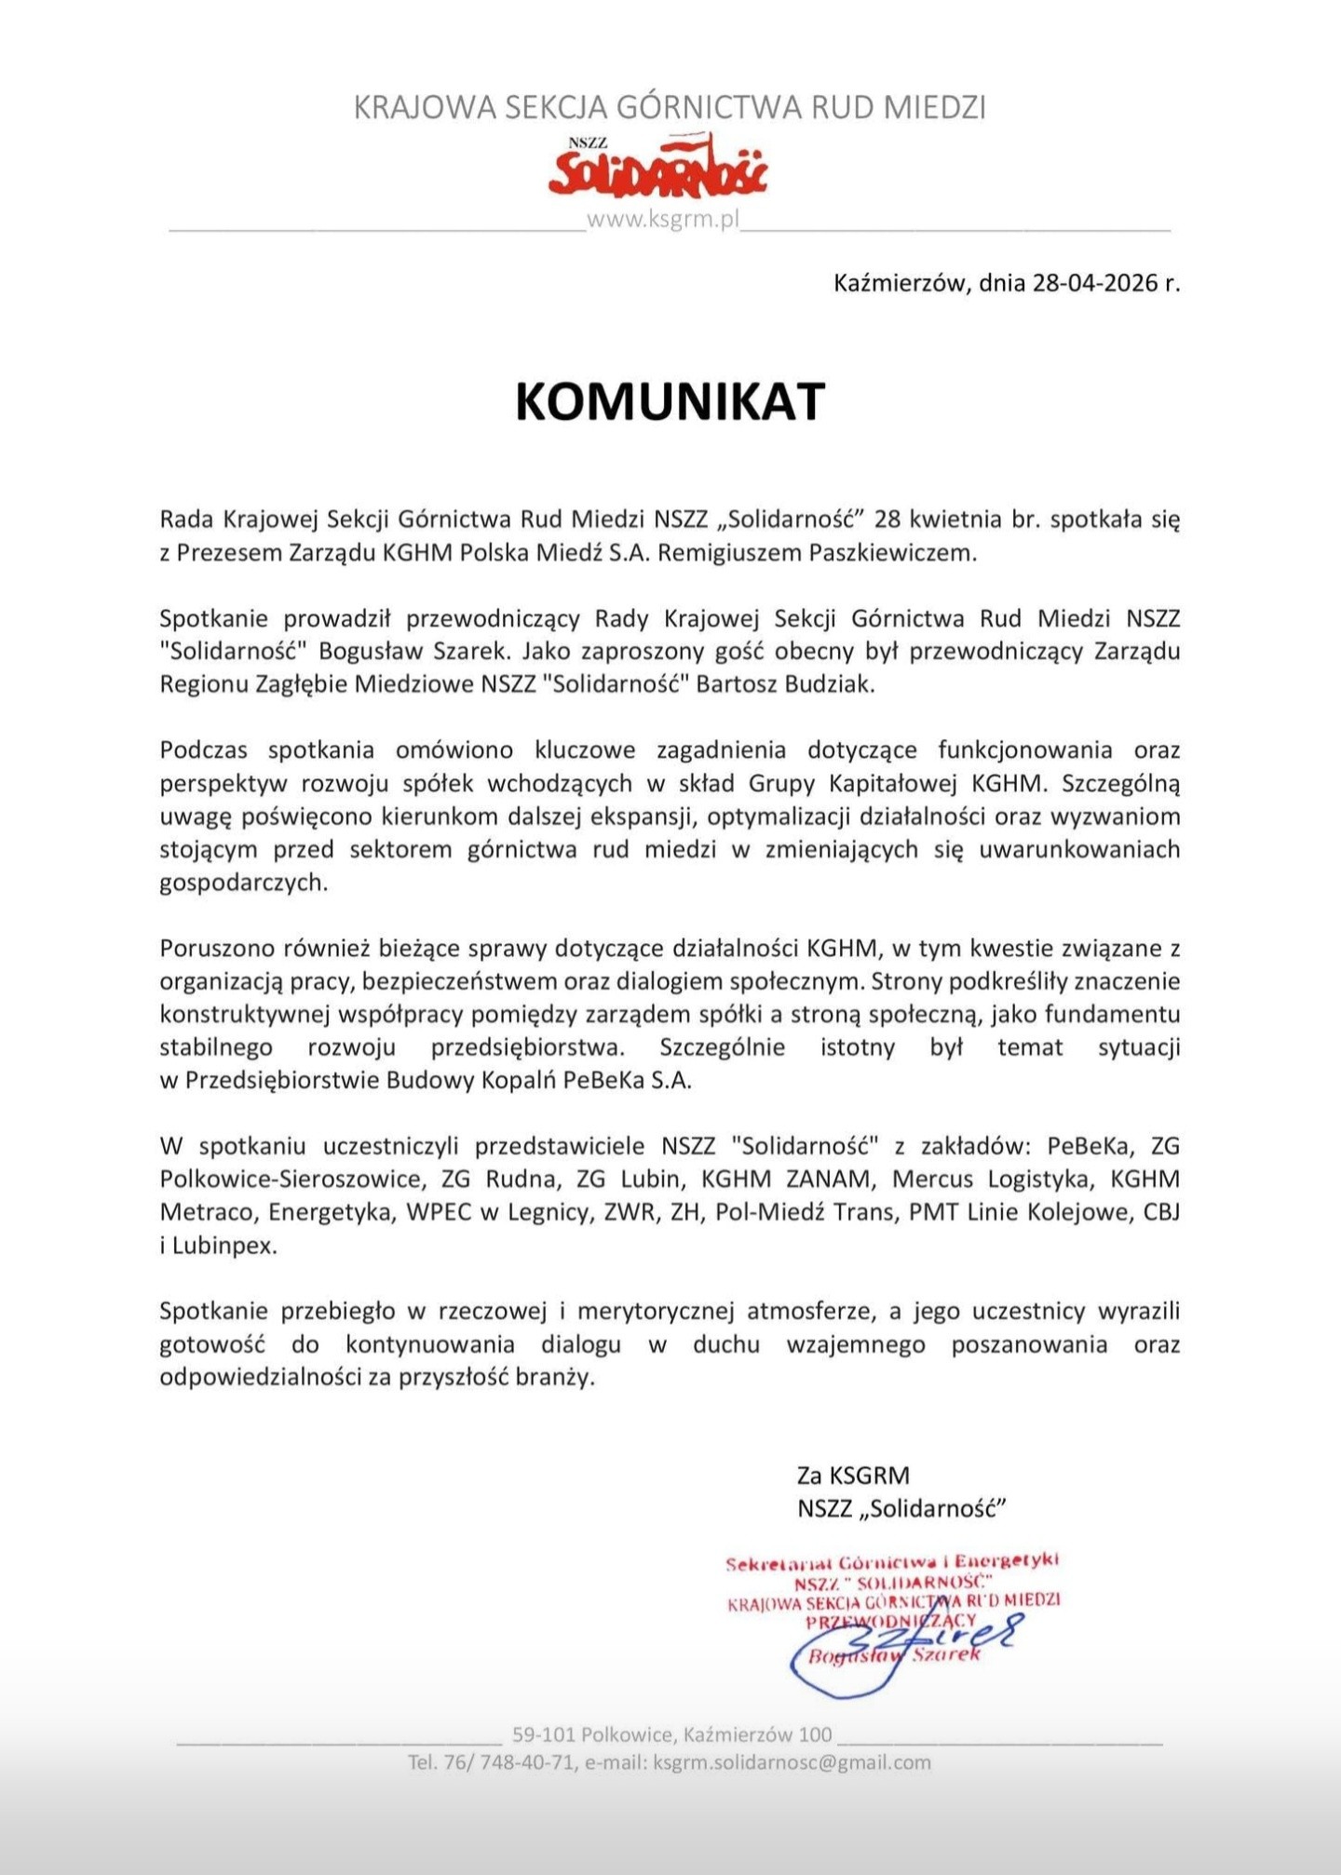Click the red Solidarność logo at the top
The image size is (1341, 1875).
coord(657,168)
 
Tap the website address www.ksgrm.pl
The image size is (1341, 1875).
coord(662,220)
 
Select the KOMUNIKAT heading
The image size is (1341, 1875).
coord(670,401)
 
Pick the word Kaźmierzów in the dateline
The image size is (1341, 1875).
coord(900,282)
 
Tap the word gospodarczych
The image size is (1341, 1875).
coord(243,883)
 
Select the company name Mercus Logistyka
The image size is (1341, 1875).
coord(991,1179)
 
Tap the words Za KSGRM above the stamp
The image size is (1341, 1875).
coord(853,1475)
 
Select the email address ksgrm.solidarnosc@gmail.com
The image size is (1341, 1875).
coord(792,1762)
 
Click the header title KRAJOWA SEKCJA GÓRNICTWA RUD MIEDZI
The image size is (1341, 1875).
coord(670,107)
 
